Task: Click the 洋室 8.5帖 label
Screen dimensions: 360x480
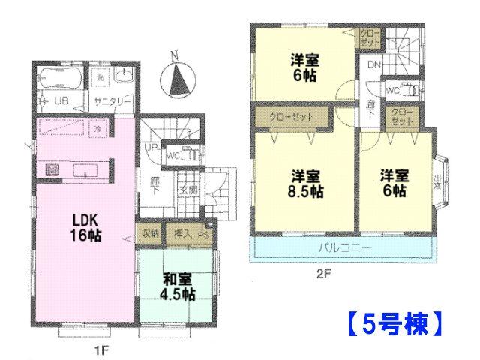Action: (307, 184)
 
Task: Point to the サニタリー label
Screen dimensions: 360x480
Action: (113, 101)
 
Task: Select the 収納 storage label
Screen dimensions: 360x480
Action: (150, 234)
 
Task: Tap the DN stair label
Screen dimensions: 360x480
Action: (373, 64)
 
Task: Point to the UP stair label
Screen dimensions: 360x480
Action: (151, 147)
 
